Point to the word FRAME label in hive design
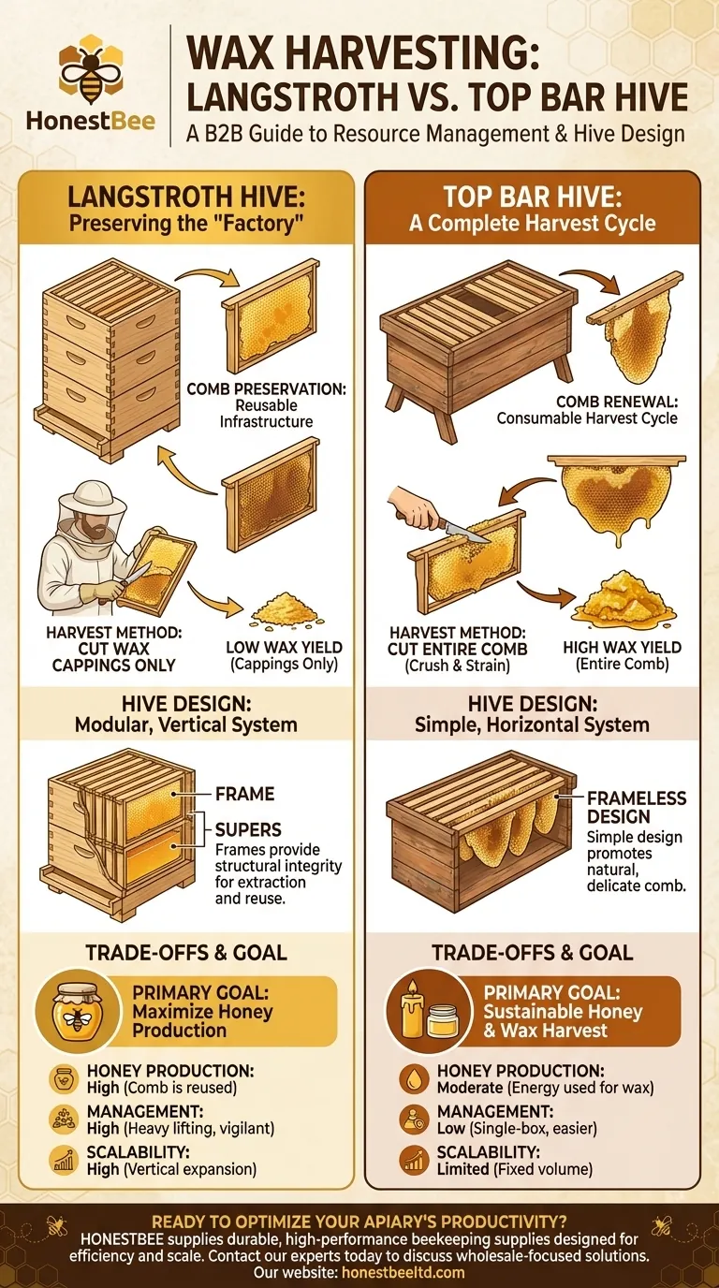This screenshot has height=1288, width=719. [x=244, y=794]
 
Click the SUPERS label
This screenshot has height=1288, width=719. [x=248, y=829]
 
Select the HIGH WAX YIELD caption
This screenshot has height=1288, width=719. [x=622, y=647]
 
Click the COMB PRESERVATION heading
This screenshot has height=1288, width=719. [x=270, y=389]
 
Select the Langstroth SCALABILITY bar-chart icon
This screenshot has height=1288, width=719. [x=64, y=1162]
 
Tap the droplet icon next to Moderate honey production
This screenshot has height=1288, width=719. [x=412, y=1077]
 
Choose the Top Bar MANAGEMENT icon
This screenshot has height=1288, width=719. [x=412, y=1120]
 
